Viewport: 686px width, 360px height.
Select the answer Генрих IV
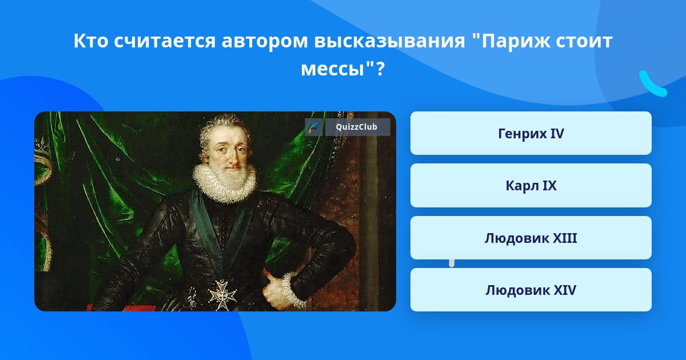pyautogui.click(x=531, y=133)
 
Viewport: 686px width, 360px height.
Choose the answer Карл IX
pyautogui.click(x=531, y=186)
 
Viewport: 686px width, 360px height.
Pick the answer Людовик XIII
pyautogui.click(x=531, y=238)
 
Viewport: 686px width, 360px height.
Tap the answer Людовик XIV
pyautogui.click(x=531, y=290)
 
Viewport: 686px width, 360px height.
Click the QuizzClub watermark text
pyautogui.click(x=356, y=127)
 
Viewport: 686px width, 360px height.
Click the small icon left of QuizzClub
pyautogui.click(x=313, y=127)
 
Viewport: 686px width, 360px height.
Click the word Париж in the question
pyautogui.click(x=516, y=41)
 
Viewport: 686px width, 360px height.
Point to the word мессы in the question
pyautogui.click(x=333, y=69)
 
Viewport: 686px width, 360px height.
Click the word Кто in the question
pyautogui.click(x=91, y=41)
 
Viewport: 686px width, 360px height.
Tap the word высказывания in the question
pyautogui.click(x=389, y=41)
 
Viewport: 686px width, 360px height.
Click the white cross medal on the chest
pyautogui.click(x=222, y=294)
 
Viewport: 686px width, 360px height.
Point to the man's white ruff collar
pyautogui.click(x=225, y=183)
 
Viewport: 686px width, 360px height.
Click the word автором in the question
pyautogui.click(x=265, y=41)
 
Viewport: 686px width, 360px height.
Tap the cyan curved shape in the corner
pyautogui.click(x=652, y=85)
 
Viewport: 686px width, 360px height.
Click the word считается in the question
pyautogui.click(x=165, y=41)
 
